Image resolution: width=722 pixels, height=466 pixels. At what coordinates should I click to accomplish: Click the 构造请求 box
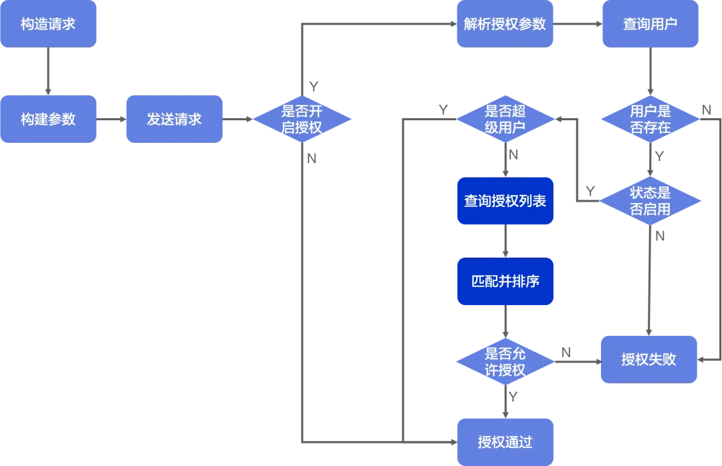48,24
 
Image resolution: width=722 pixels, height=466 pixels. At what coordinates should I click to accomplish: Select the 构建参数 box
48,119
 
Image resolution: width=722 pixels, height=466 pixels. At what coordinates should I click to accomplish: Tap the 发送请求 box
174,119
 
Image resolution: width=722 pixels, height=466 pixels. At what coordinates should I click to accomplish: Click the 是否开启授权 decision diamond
302,119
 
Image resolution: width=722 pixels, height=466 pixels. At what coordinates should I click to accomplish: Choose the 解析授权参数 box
505,24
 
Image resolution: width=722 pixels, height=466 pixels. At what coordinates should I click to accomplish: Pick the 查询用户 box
650,24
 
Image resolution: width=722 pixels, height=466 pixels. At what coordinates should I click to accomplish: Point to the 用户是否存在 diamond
650,119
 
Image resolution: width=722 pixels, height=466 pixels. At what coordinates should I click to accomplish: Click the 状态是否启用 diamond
650,201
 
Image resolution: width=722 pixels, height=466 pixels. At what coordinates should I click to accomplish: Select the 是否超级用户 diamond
505,119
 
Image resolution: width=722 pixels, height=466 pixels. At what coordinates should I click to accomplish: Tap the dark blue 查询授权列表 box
505,201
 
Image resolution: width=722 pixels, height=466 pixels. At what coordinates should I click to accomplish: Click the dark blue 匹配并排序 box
505,281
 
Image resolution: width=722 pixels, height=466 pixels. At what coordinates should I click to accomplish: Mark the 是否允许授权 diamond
505,361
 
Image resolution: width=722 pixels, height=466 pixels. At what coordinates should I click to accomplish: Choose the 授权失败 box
648,359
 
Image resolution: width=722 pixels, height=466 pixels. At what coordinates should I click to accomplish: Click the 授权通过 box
505,441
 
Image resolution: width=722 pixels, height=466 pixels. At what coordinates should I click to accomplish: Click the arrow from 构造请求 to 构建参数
48,71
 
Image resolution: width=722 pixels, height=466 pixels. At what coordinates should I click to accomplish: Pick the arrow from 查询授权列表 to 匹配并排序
505,241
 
